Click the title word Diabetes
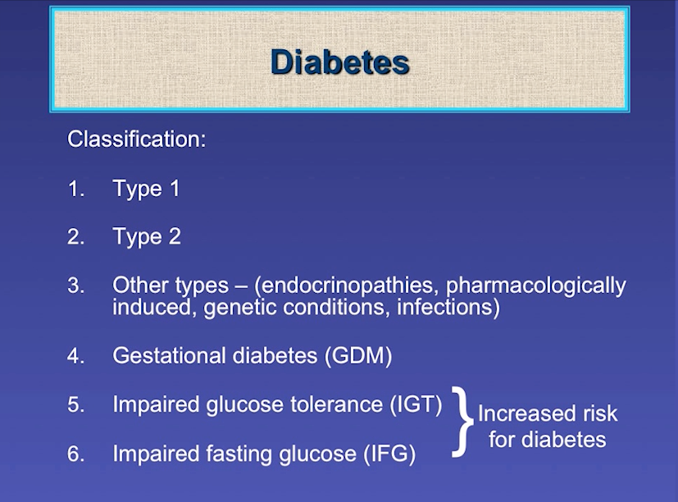339,62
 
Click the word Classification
135,139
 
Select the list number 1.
75,189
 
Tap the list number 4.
76,356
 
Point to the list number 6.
76,454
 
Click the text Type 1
146,189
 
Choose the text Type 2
147,237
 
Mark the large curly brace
464,420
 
